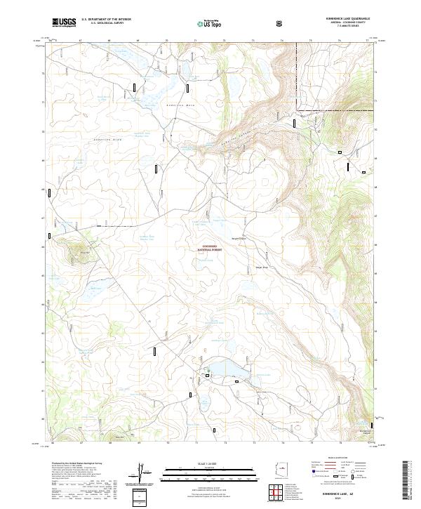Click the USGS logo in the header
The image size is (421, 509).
click(x=65, y=22)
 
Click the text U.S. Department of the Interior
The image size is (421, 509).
click(x=106, y=20)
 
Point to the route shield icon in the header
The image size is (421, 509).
click(x=281, y=23)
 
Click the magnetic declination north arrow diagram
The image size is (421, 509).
click(x=143, y=473)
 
